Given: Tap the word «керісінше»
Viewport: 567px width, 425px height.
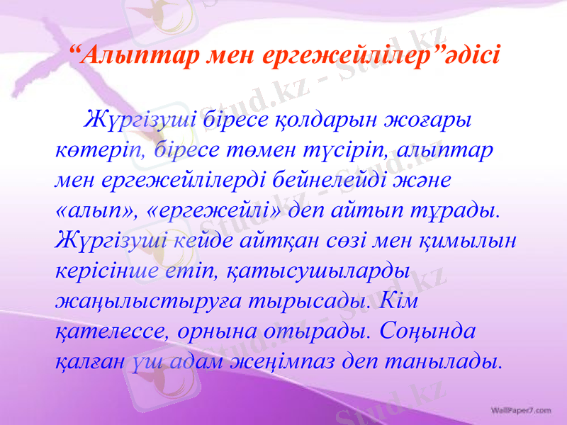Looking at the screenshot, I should pyautogui.click(x=104, y=271).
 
